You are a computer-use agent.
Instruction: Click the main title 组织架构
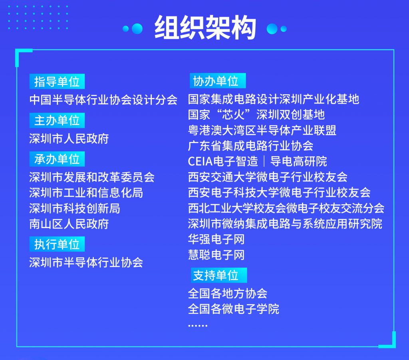[205, 28]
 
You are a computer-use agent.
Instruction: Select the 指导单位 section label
[57, 82]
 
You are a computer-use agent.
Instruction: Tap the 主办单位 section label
[57, 120]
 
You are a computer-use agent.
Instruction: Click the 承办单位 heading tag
[57, 159]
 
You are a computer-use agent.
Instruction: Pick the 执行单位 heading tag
[57, 244]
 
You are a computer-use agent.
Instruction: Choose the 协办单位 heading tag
[218, 81]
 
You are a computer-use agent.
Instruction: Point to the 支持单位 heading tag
[218, 275]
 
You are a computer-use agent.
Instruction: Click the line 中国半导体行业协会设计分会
[103, 99]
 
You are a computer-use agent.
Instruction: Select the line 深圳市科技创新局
[75, 209]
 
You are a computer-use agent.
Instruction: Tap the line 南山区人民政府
[69, 224]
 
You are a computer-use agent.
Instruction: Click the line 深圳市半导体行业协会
[86, 263]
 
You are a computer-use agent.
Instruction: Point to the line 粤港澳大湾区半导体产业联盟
[262, 130]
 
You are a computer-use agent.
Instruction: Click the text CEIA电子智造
[223, 161]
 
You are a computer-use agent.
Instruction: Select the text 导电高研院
[298, 161]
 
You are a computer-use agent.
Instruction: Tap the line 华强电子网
[216, 239]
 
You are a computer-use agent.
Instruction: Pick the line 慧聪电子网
[216, 255]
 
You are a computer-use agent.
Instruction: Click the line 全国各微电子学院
[233, 309]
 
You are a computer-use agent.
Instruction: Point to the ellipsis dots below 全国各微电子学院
[198, 326]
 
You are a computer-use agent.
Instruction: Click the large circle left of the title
[137, 29]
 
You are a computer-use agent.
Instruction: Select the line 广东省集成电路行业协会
[251, 146]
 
